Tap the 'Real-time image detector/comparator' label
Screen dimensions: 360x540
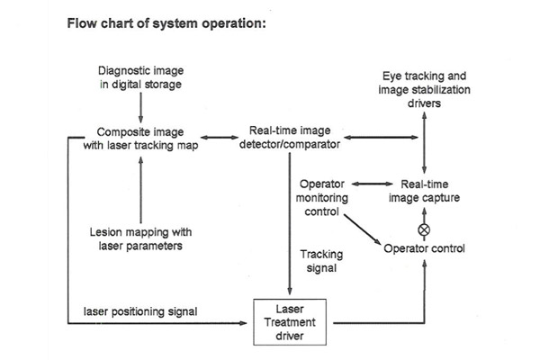tap(288, 137)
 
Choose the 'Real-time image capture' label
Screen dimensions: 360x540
tap(426, 191)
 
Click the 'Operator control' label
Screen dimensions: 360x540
tap(425, 247)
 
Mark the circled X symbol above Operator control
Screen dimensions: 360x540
tap(426, 229)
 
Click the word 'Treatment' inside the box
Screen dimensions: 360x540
tap(288, 321)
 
